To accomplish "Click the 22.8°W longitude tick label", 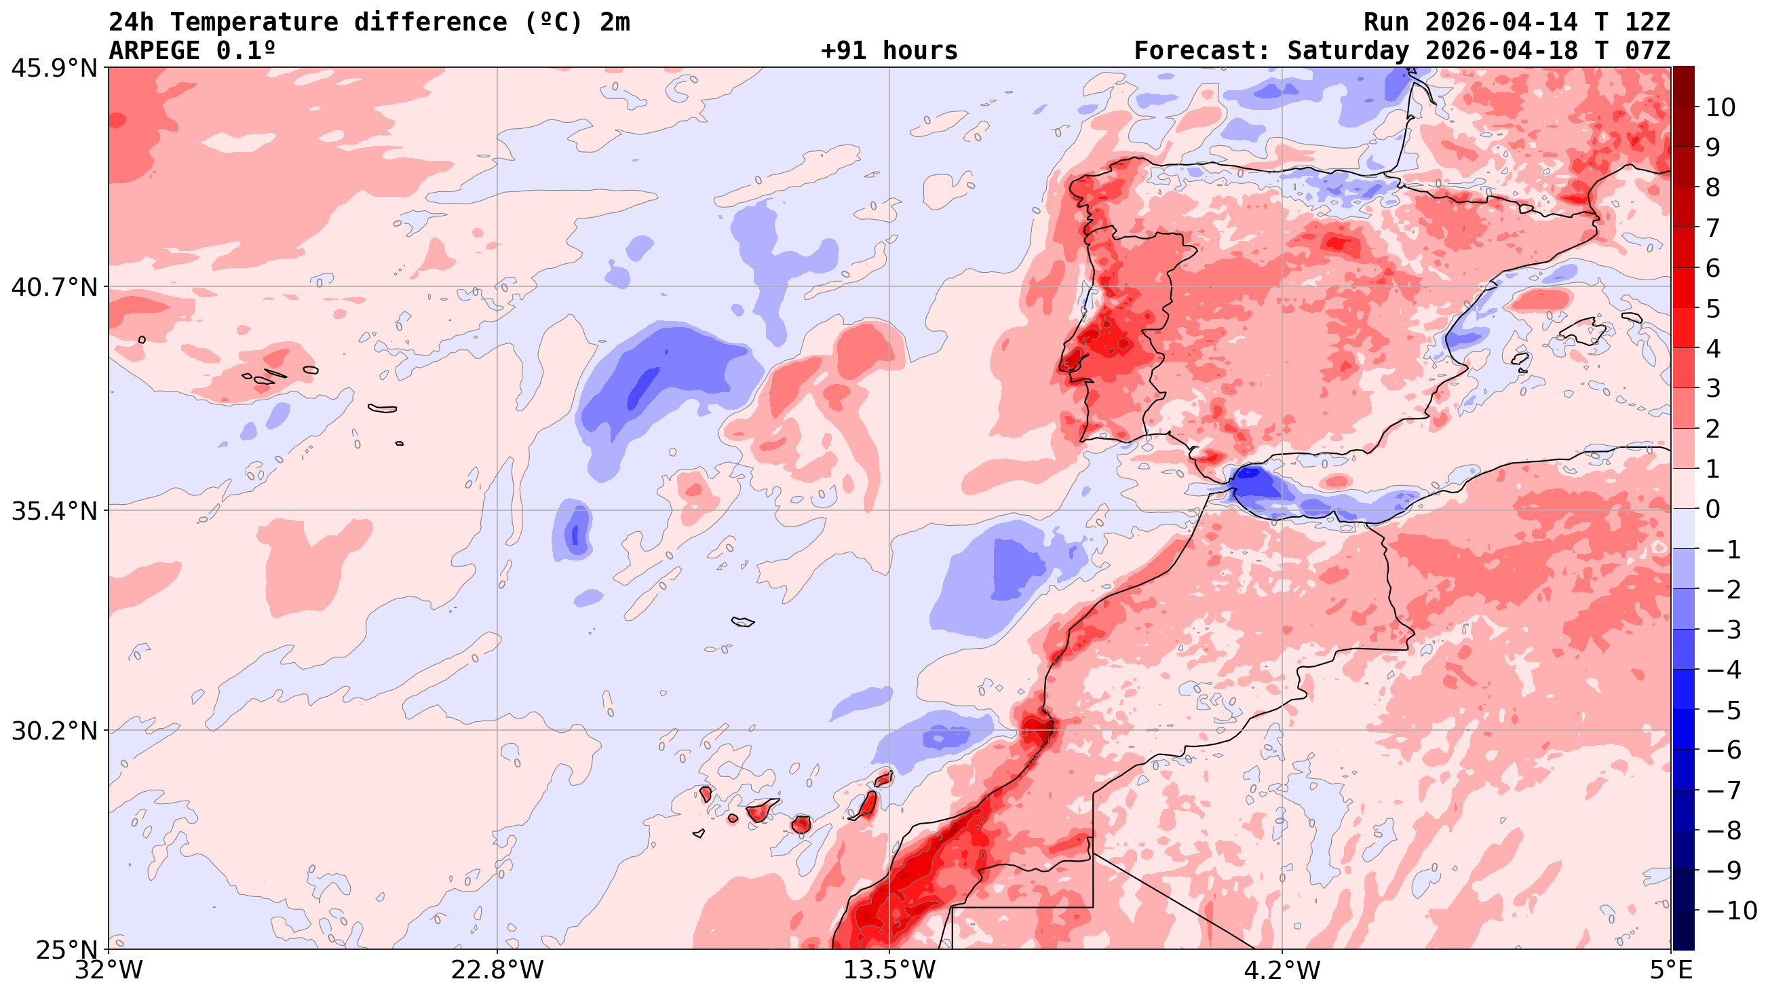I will (x=497, y=970).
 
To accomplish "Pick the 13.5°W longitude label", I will (x=889, y=970).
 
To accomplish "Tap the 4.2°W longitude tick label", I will (x=1282, y=970).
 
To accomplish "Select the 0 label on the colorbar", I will (x=1713, y=510).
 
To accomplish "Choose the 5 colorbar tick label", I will (x=1713, y=309).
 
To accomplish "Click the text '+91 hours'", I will (x=889, y=51).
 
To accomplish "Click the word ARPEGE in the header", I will (x=155, y=51).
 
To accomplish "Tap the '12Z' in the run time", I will (x=1647, y=22).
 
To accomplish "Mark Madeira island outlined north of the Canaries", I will (x=743, y=622).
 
